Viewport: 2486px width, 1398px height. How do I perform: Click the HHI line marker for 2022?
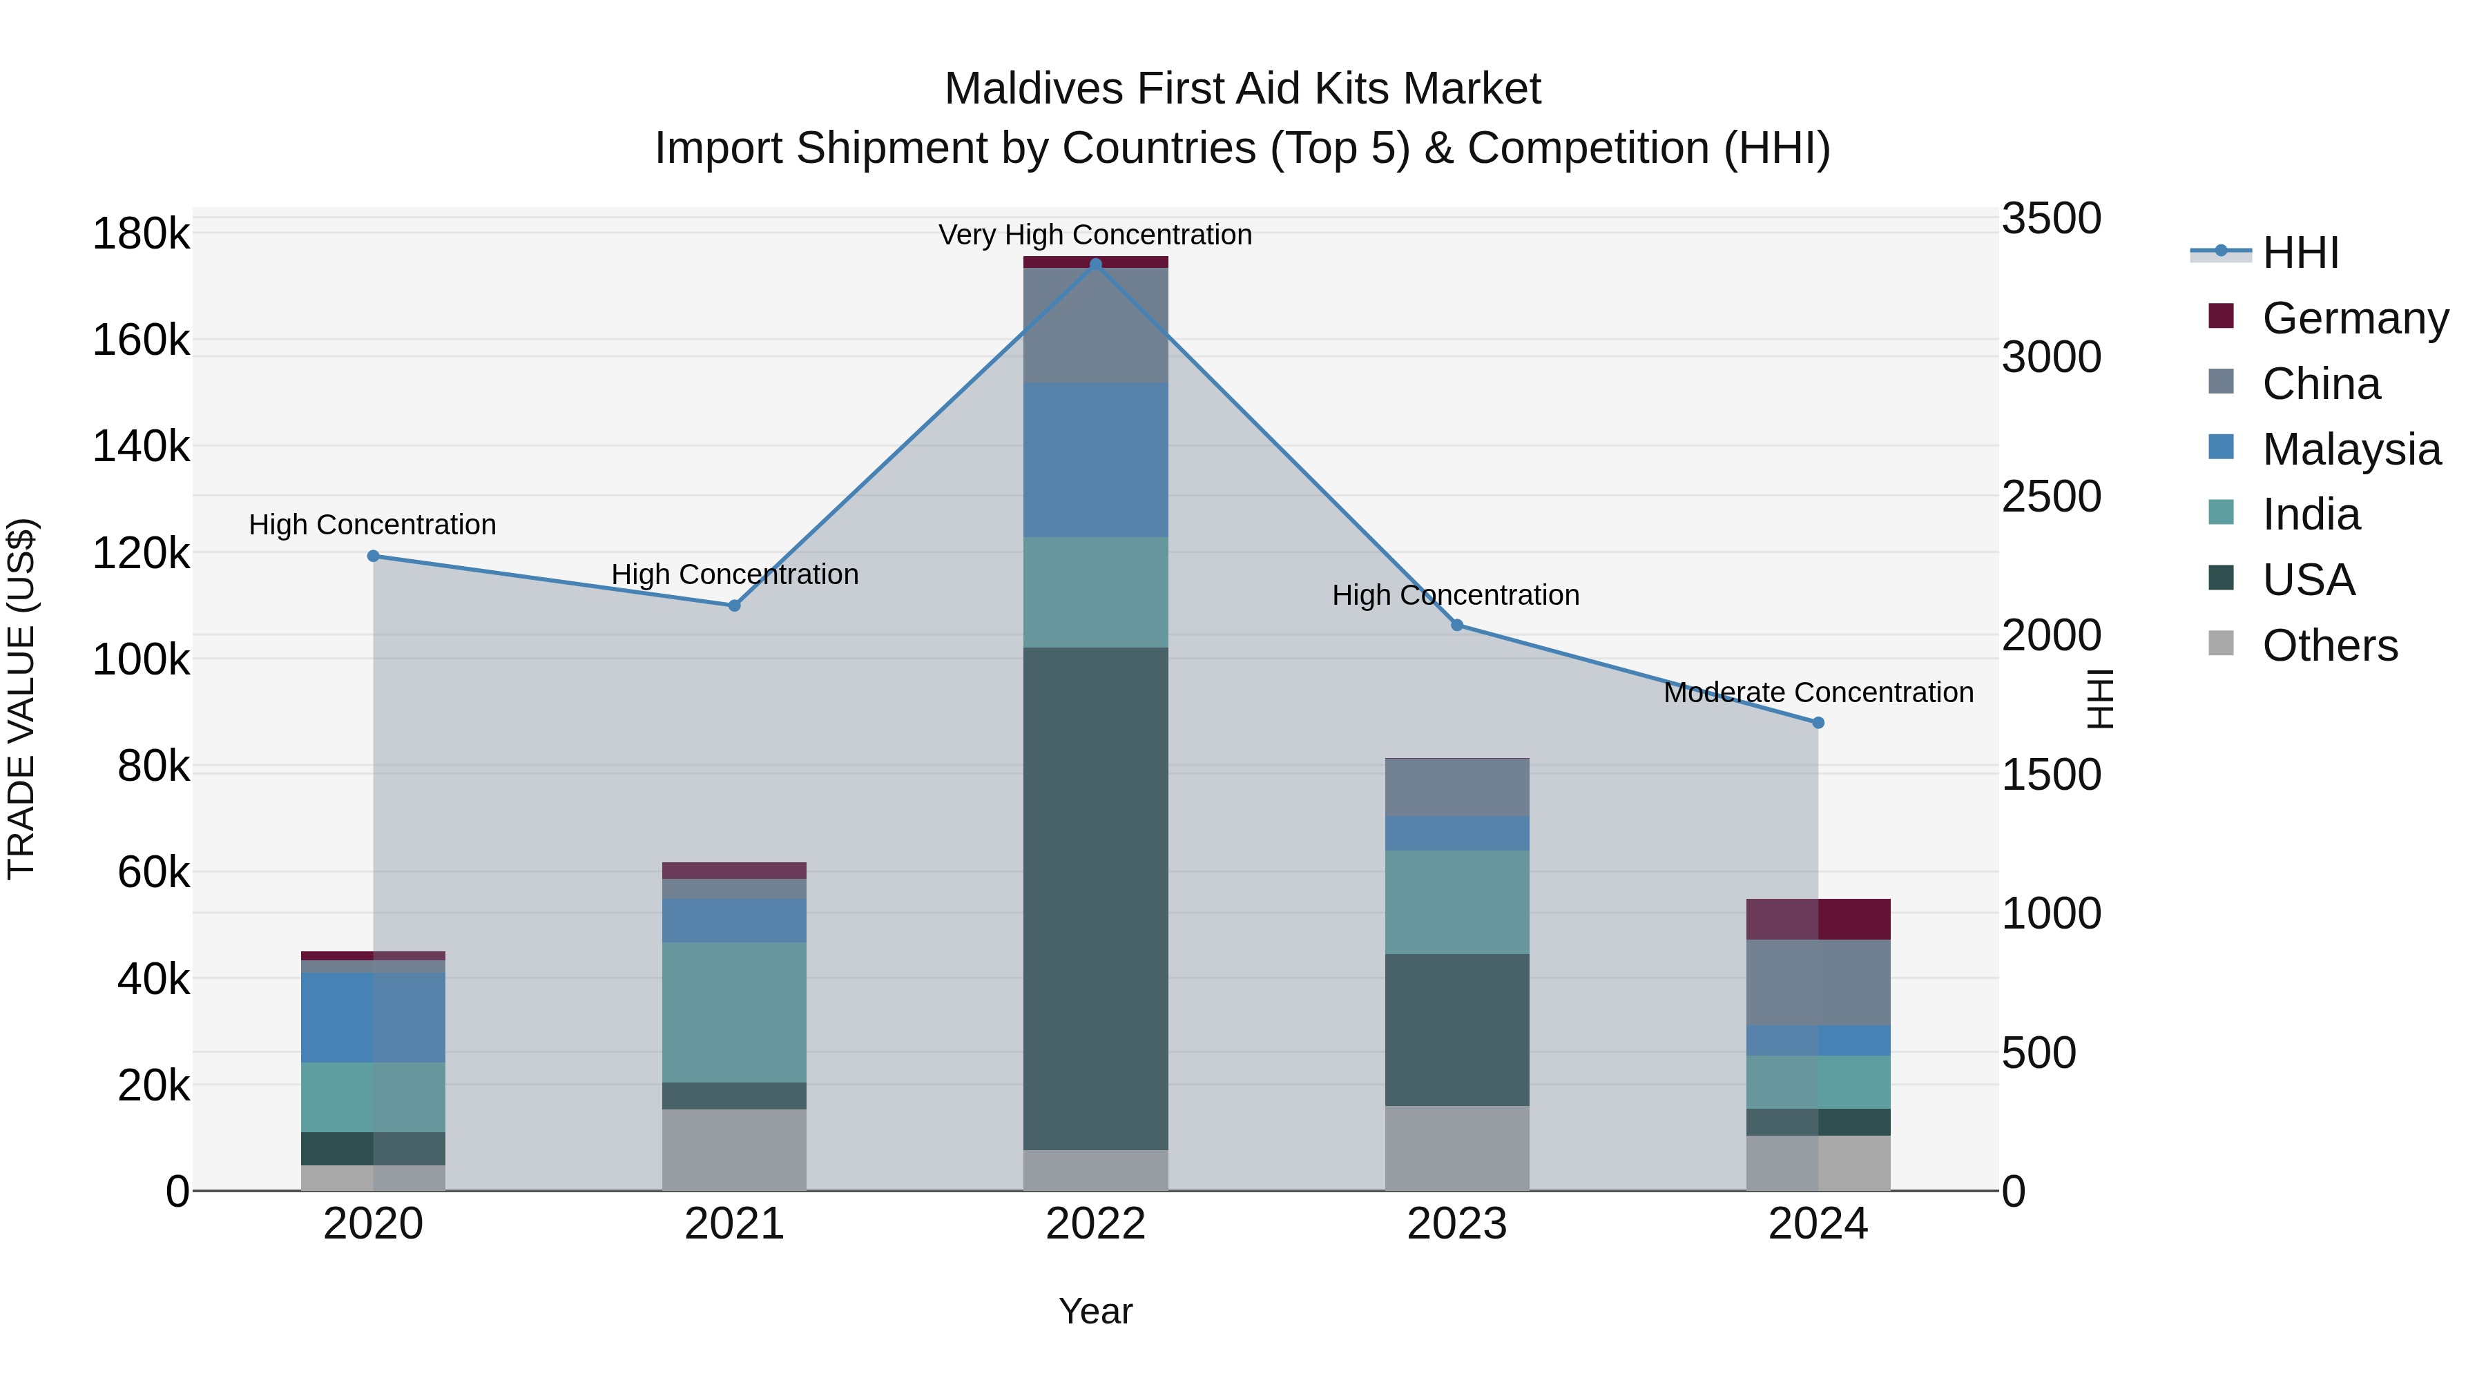[1095, 264]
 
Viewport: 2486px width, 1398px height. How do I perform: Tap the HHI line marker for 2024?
[1818, 723]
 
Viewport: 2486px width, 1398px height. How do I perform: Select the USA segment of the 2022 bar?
[1095, 897]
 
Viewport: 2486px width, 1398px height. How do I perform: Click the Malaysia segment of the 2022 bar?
[1095, 459]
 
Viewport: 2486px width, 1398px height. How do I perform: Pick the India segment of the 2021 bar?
[735, 1012]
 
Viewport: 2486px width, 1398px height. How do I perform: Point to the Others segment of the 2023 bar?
[1457, 1148]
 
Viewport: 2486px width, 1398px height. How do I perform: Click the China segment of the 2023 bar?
[1457, 787]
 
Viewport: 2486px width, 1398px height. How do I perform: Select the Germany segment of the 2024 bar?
[1818, 920]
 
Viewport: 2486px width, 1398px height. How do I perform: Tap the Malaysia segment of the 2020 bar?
[374, 1017]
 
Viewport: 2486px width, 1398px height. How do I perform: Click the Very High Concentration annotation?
[1095, 235]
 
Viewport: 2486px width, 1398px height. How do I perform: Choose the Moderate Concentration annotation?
[1818, 692]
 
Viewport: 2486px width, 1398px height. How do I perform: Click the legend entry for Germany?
[2355, 318]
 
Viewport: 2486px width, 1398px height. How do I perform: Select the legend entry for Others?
[2330, 645]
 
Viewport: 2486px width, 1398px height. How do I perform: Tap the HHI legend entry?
[2301, 253]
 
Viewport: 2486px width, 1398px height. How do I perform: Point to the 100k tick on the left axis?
[141, 660]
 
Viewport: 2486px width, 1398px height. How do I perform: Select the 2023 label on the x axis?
[1457, 1224]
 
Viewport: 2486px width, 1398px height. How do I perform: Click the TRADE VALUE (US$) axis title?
[21, 699]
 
